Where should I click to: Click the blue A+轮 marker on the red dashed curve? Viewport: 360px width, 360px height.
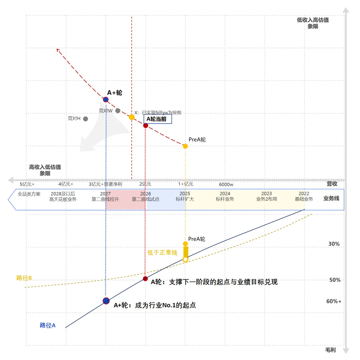click(x=106, y=99)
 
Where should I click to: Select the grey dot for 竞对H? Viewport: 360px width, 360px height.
click(x=86, y=119)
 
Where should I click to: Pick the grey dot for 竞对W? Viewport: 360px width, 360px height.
click(x=118, y=111)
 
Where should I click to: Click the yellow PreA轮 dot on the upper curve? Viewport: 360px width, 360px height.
click(x=185, y=146)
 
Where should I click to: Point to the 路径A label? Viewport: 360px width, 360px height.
click(x=48, y=325)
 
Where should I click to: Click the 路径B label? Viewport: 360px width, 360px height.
click(x=24, y=278)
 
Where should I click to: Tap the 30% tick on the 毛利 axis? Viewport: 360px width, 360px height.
click(x=334, y=244)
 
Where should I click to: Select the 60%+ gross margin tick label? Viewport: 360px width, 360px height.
click(x=334, y=301)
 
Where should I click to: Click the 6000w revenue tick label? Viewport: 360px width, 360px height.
click(x=226, y=184)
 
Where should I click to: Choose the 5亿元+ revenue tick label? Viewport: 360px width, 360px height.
click(x=27, y=184)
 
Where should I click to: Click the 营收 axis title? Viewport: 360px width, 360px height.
click(x=332, y=184)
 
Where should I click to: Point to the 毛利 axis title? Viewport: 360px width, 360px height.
click(x=330, y=350)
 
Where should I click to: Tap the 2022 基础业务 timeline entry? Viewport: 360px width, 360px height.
click(x=304, y=196)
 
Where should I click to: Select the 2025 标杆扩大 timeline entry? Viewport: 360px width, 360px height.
click(x=185, y=196)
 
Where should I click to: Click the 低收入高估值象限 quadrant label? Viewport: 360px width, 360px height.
click(x=313, y=23)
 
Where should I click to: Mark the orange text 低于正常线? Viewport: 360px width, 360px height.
click(x=162, y=253)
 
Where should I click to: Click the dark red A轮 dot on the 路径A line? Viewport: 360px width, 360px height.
click(x=145, y=279)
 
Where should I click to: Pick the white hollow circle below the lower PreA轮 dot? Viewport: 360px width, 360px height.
click(x=186, y=259)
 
